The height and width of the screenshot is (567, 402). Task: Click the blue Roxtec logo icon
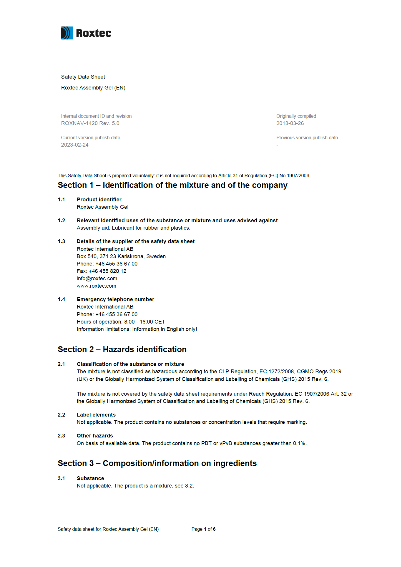pos(67,33)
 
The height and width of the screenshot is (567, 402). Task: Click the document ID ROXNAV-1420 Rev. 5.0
pos(90,123)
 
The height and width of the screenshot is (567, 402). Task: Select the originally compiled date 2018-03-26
pos(290,123)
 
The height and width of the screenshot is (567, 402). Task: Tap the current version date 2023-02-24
pos(75,145)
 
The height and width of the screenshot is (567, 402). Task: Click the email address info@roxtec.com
pos(97,278)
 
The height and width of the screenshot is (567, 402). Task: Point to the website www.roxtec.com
pos(97,286)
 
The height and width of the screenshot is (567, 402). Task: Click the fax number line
pos(102,271)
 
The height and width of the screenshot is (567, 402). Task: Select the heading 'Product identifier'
pos(99,200)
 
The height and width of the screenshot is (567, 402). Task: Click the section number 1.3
pos(61,241)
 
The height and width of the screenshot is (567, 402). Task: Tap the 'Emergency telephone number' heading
pos(115,299)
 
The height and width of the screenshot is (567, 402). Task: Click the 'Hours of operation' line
pos(121,322)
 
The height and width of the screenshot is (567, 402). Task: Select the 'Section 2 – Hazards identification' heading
pos(122,349)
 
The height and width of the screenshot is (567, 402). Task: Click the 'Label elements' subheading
pos(96,415)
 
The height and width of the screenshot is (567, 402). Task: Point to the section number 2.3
pos(61,436)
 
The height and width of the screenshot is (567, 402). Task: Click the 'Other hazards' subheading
pos(95,436)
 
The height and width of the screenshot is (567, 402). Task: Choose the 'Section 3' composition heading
pos(157,463)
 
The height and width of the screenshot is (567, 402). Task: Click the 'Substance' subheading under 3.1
pos(90,478)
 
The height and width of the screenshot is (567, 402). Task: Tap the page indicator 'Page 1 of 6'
pos(203,529)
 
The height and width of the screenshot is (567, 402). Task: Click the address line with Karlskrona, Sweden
pos(121,256)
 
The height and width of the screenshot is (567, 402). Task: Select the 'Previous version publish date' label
pos(307,137)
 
